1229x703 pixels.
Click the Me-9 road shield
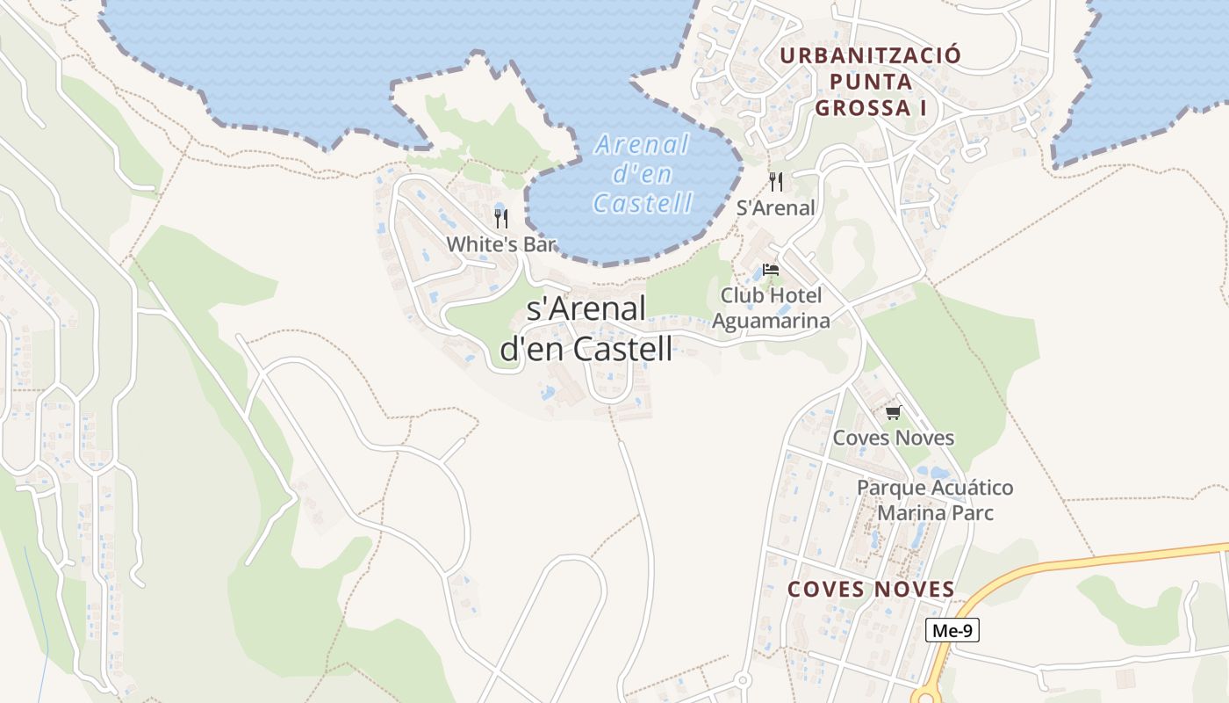tap(952, 630)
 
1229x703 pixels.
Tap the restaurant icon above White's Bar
tap(501, 218)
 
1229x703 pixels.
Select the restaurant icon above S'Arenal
tap(776, 182)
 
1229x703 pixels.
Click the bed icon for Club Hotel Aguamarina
tap(771, 270)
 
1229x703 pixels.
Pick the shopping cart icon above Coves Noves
tap(893, 412)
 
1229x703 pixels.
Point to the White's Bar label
tap(501, 244)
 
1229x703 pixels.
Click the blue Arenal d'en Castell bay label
tap(643, 173)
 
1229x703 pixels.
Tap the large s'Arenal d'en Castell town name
tap(586, 329)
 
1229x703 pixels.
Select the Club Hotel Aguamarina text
tap(771, 308)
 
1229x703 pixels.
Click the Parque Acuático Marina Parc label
tap(935, 499)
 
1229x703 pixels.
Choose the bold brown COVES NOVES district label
tap(871, 590)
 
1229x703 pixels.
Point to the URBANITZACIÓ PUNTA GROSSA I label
tap(870, 82)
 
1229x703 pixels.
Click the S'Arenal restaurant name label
tap(776, 208)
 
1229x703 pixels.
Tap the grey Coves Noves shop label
tap(893, 438)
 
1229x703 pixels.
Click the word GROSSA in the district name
tap(864, 108)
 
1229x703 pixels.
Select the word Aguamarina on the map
tap(771, 321)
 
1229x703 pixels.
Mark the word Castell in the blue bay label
tap(643, 203)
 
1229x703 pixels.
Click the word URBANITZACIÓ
tap(870, 55)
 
